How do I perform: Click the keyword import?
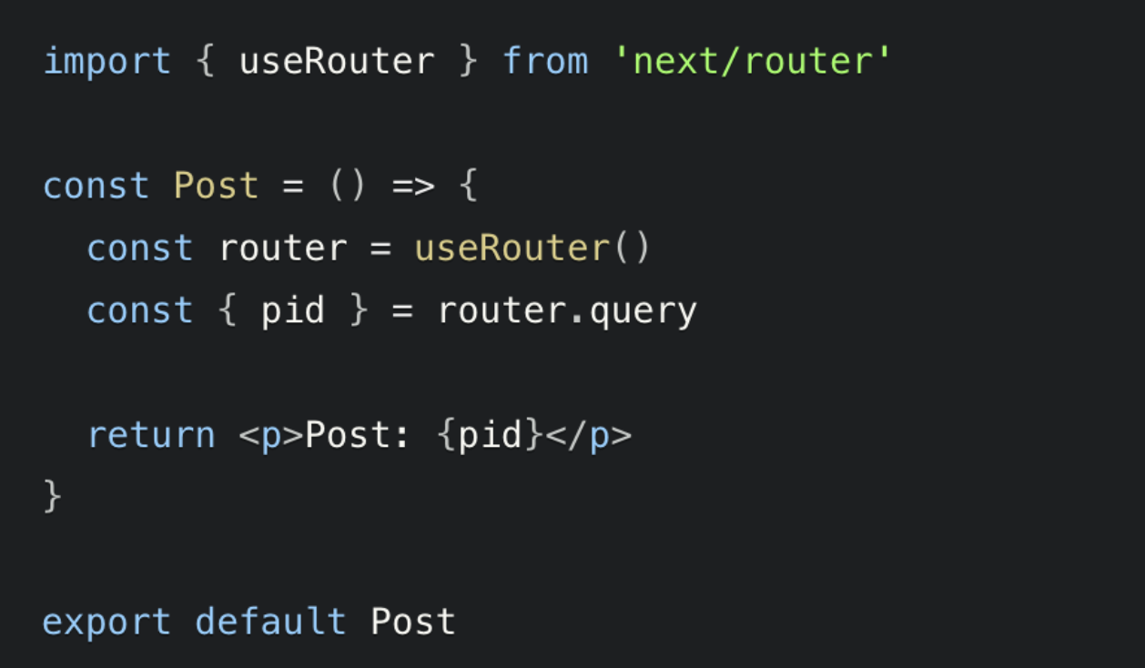click(106, 62)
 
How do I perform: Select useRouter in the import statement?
click(337, 62)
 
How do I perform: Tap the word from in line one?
click(545, 62)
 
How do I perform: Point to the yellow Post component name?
click(216, 187)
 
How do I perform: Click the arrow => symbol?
click(412, 187)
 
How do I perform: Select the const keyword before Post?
click(96, 187)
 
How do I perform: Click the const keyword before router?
click(139, 248)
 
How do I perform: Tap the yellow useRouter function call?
click(512, 248)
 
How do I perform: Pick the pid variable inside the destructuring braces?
click(292, 311)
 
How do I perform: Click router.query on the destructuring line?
click(567, 311)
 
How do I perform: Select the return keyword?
click(151, 435)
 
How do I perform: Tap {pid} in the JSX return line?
click(491, 435)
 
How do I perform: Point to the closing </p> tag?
click(588, 435)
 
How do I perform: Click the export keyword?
click(106, 622)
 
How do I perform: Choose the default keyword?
click(270, 622)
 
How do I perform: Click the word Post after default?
click(412, 622)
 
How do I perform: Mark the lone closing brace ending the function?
click(53, 497)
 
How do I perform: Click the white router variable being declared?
click(282, 248)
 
